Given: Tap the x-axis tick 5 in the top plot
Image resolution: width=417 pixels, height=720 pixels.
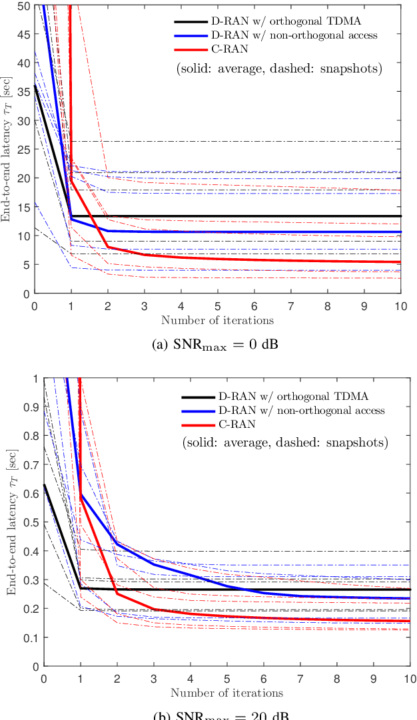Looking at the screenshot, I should point(218,305).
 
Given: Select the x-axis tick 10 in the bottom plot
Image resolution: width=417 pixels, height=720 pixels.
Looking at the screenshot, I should point(410,677).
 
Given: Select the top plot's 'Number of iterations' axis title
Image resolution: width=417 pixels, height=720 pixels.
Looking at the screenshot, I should point(217,320).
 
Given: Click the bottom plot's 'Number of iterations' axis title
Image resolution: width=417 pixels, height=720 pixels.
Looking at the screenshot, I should point(226,693).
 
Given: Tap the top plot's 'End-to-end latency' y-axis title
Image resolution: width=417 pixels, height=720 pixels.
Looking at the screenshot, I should point(7,150).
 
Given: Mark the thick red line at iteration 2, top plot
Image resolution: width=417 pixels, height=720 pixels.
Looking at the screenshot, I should point(108,247).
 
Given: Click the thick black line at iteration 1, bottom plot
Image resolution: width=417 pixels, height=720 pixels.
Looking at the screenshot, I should point(81,588).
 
